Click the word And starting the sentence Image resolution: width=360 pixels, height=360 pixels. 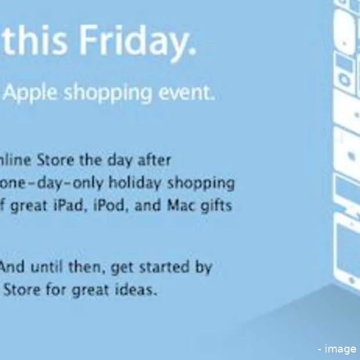[13, 268]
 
